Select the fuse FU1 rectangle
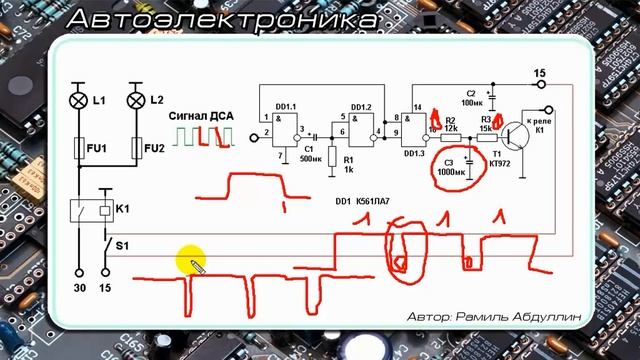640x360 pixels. [x=79, y=150]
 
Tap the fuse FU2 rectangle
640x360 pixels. [x=136, y=150]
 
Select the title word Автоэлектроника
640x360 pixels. [x=224, y=19]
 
